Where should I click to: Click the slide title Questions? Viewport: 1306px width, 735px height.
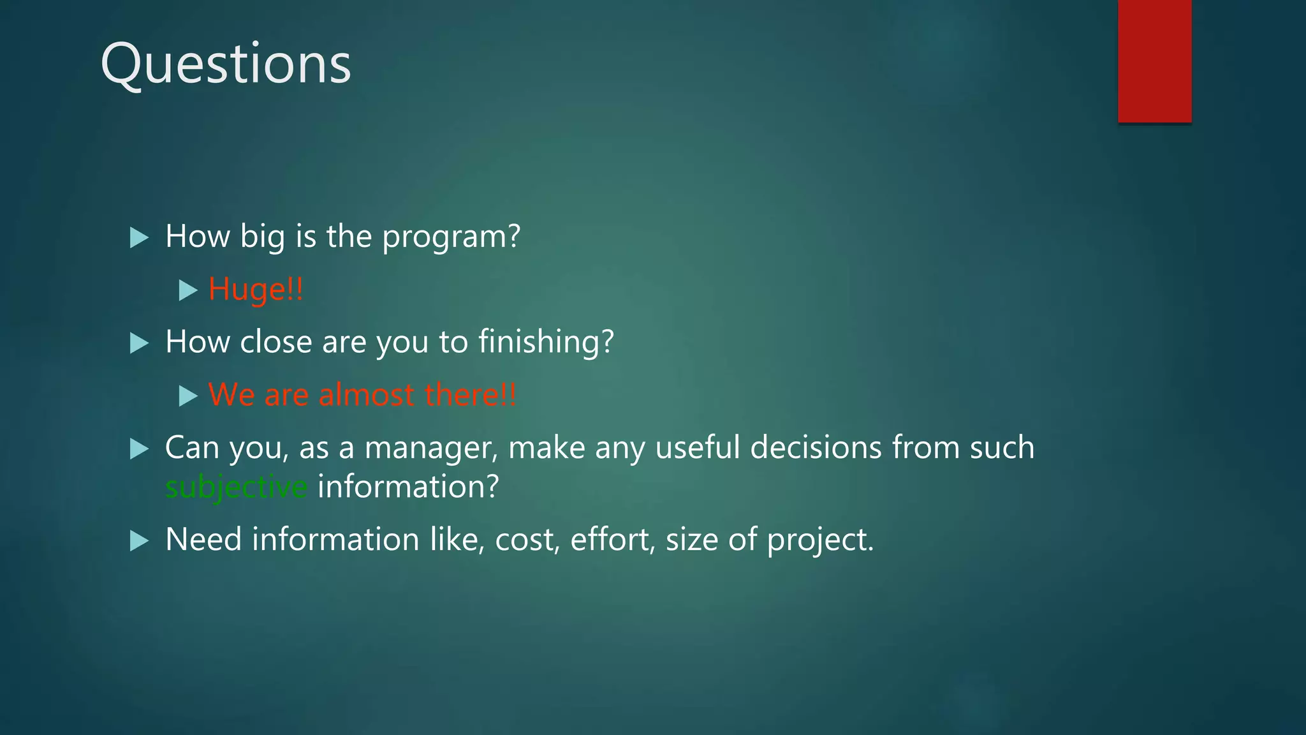tap(226, 64)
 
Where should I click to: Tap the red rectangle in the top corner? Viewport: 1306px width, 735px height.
tap(1154, 61)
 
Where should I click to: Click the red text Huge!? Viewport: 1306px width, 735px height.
tap(256, 290)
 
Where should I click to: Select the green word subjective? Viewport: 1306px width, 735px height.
tap(236, 487)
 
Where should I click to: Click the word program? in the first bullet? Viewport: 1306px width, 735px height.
tap(451, 237)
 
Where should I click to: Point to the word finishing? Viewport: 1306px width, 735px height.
tap(546, 342)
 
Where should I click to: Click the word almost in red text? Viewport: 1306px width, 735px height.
tap(367, 395)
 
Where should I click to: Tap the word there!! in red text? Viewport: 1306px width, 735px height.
tap(471, 395)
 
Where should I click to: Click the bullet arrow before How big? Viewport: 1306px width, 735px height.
tap(139, 238)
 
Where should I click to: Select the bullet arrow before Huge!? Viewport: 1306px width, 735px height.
tap(188, 291)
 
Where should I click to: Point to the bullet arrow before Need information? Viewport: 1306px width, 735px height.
tap(139, 541)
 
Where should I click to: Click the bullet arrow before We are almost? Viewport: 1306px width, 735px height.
tap(188, 396)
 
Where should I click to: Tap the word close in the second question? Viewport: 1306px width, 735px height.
tap(275, 342)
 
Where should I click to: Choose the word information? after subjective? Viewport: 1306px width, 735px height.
tap(408, 487)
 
